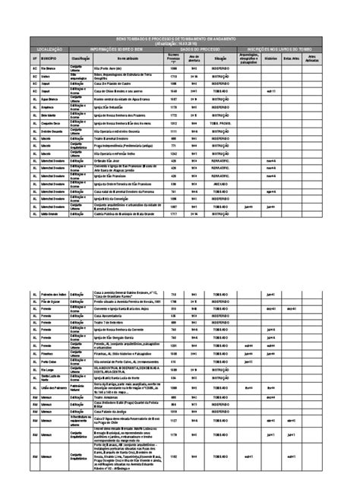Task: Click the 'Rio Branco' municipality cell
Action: pos(51,68)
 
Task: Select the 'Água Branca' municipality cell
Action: pos(51,99)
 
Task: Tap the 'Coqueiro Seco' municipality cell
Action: pos(51,123)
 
